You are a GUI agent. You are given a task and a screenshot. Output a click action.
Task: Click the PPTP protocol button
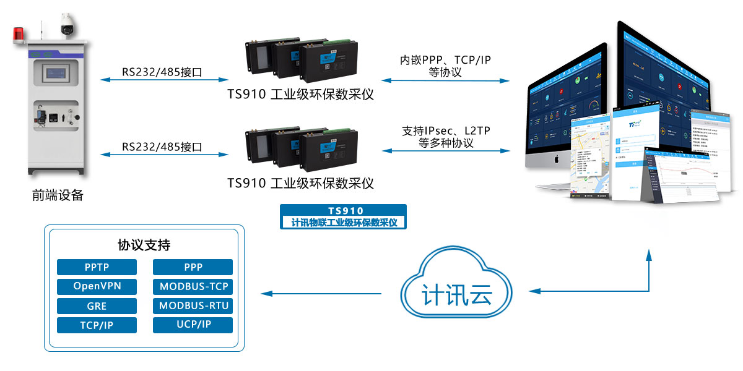97,267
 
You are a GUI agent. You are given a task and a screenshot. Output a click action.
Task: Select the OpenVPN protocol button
97,287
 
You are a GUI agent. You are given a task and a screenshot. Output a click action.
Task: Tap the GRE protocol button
97,306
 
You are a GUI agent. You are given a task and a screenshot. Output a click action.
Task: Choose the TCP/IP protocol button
97,325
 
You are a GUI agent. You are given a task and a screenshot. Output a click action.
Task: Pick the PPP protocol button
193,267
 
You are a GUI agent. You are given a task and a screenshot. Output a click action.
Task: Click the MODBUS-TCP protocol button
193,287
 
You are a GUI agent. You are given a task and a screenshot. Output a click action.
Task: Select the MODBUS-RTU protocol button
193,306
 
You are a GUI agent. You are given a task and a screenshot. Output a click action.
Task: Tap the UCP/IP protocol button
193,325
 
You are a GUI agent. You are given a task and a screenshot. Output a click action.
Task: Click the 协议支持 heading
144,245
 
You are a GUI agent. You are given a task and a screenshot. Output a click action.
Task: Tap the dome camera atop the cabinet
66,25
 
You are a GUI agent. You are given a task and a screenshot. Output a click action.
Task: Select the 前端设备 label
58,195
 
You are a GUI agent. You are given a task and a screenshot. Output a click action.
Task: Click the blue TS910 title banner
344,216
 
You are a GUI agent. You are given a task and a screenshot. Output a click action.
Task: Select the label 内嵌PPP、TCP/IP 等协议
445,66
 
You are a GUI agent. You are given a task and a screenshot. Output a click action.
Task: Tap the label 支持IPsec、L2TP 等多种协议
445,137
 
